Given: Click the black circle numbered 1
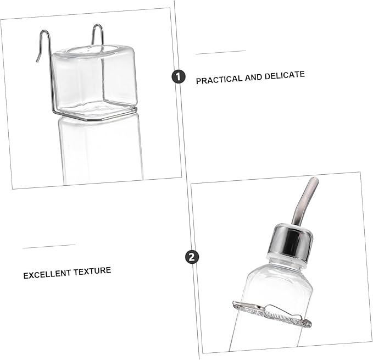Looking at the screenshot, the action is coord(178,76).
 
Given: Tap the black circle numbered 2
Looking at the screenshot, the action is coord(192,257).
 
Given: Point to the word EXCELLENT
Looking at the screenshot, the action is coord(47,274).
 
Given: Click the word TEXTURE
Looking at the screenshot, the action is coord(92,271).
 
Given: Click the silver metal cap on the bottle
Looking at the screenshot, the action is coord(291,240).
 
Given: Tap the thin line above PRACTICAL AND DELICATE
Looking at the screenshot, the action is coord(220,52).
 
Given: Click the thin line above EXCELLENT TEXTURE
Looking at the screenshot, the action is coord(49,246).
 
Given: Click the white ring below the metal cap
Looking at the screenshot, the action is coord(286,258).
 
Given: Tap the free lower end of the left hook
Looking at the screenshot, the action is coord(37,61).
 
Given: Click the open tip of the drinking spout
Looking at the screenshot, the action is coord(315,179).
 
